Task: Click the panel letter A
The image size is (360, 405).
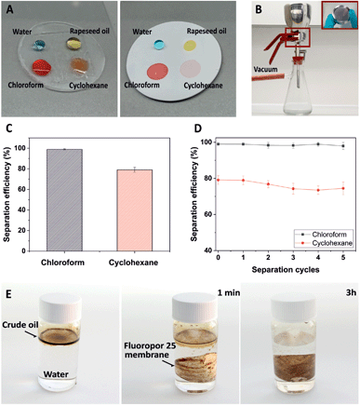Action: (x=8, y=8)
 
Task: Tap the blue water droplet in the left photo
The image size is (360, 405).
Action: (x=38, y=44)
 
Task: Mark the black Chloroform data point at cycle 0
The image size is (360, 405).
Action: (x=218, y=143)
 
